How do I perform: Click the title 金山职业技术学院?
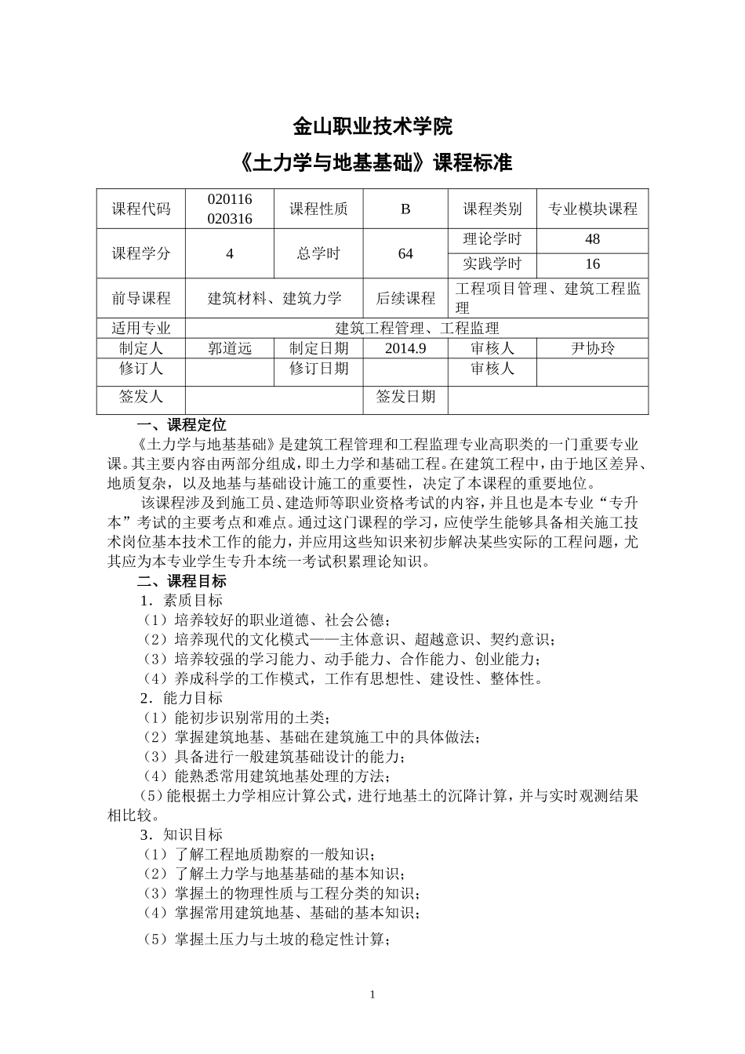(372, 126)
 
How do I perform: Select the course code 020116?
(230, 199)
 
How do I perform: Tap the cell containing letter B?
(405, 209)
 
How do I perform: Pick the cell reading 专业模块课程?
(592, 209)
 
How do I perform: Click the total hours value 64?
(405, 253)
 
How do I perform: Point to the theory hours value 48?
(592, 239)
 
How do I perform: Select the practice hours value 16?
(592, 264)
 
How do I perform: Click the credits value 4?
(230, 253)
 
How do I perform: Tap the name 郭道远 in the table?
(230, 348)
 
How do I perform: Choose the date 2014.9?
(405, 348)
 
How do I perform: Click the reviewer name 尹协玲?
(592, 348)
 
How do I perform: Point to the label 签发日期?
(405, 397)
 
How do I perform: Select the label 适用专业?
(141, 328)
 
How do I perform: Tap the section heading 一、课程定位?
(181, 425)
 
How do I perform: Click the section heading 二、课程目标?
(181, 581)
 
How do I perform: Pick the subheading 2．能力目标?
(181, 698)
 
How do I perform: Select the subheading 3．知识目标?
(181, 834)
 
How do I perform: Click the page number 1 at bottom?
(372, 994)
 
